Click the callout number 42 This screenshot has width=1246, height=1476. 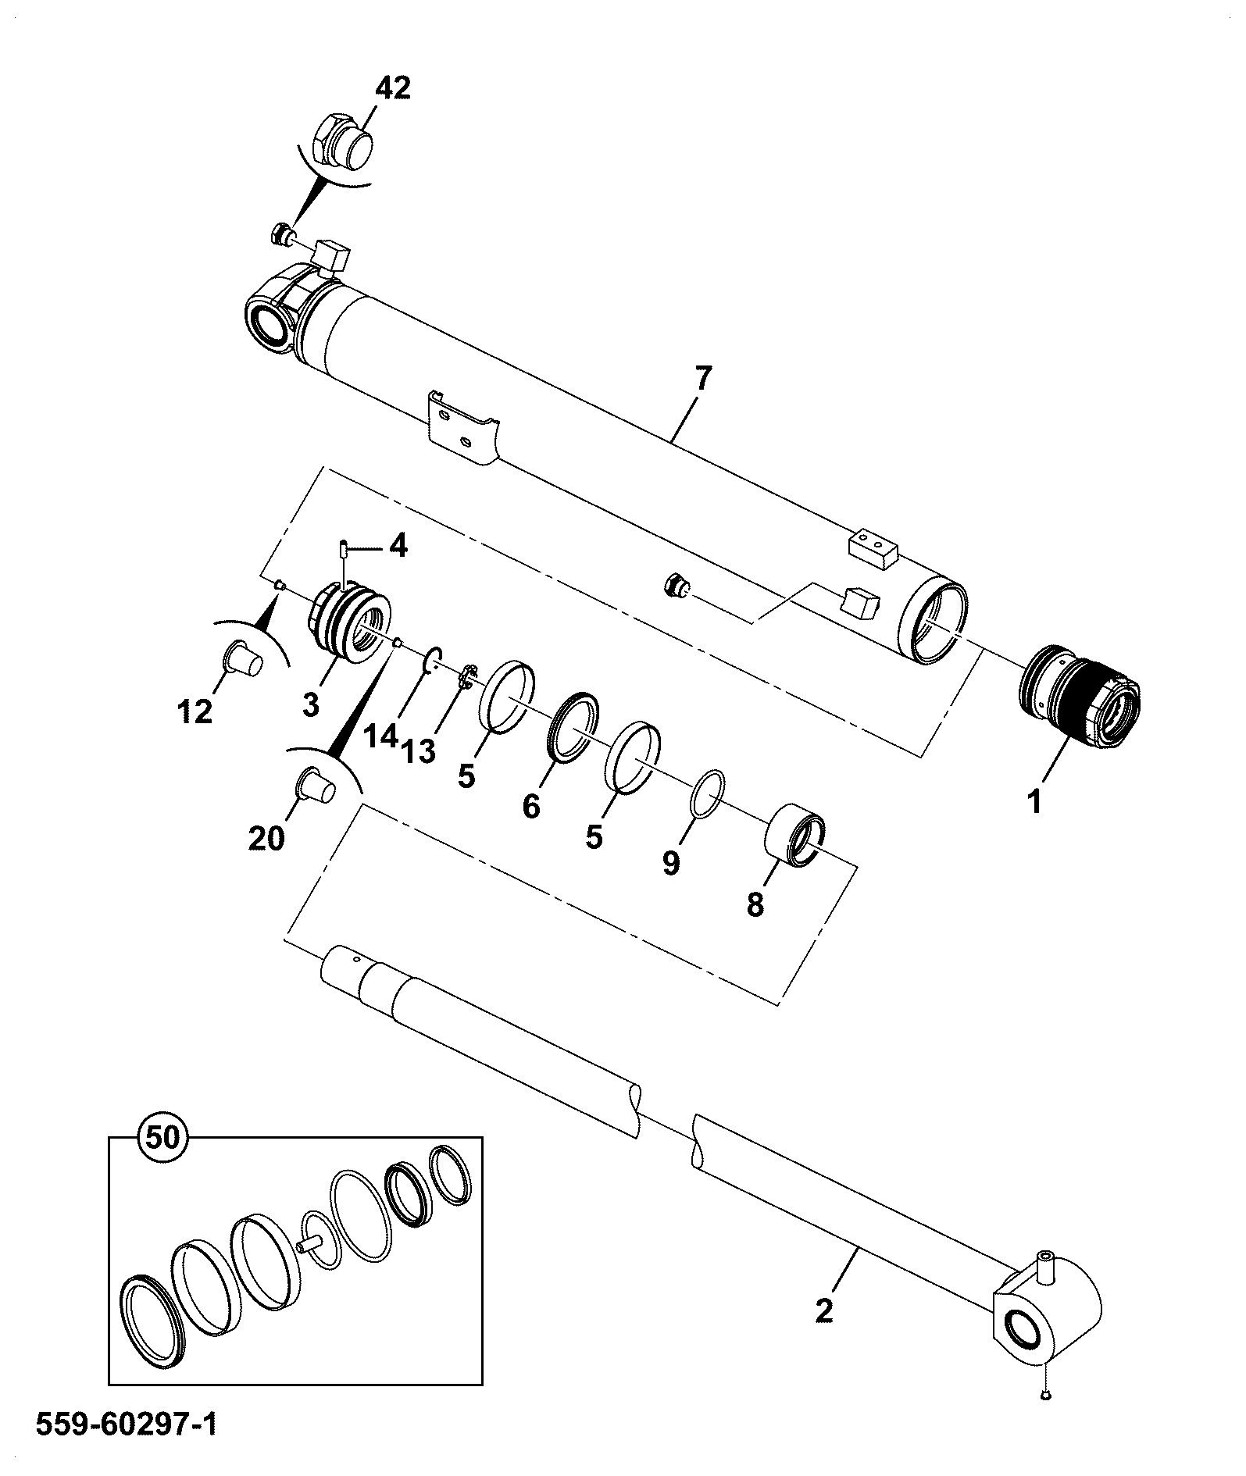pyautogui.click(x=392, y=87)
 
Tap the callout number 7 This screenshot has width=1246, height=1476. pyautogui.click(x=703, y=379)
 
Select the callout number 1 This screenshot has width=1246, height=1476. pyautogui.click(x=1035, y=801)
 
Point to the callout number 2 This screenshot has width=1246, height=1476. pyautogui.click(x=824, y=1309)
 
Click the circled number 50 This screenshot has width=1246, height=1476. pyautogui.click(x=163, y=1137)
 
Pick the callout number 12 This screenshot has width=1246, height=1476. pyautogui.click(x=195, y=711)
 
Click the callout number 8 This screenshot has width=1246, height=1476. pyautogui.click(x=755, y=905)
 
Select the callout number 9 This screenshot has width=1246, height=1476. pyautogui.click(x=671, y=863)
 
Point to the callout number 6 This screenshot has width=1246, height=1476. pyautogui.click(x=531, y=806)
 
